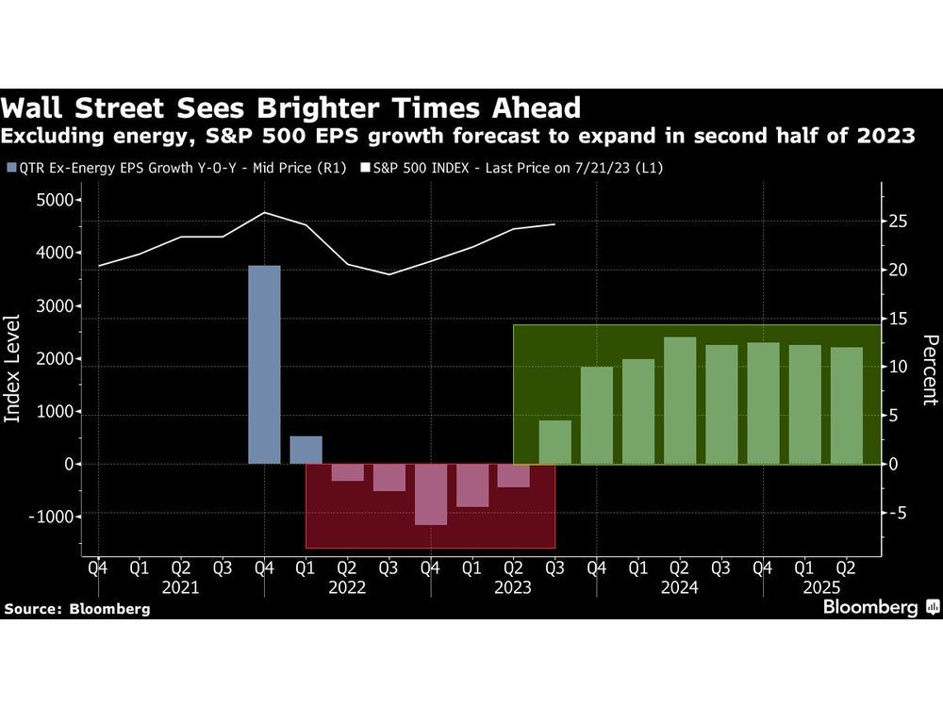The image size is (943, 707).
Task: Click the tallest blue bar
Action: pyautogui.click(x=264, y=365)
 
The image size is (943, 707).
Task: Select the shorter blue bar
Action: pyautogui.click(x=306, y=450)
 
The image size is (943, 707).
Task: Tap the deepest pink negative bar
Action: pyautogui.click(x=430, y=494)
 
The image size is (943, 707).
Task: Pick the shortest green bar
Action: pyautogui.click(x=555, y=442)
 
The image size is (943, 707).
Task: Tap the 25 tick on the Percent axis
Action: pyautogui.click(x=900, y=222)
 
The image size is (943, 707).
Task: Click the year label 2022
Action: pyautogui.click(x=348, y=587)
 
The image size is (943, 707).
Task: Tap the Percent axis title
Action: pyautogui.click(x=930, y=369)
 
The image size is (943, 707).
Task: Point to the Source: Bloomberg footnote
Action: pyautogui.click(x=77, y=609)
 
